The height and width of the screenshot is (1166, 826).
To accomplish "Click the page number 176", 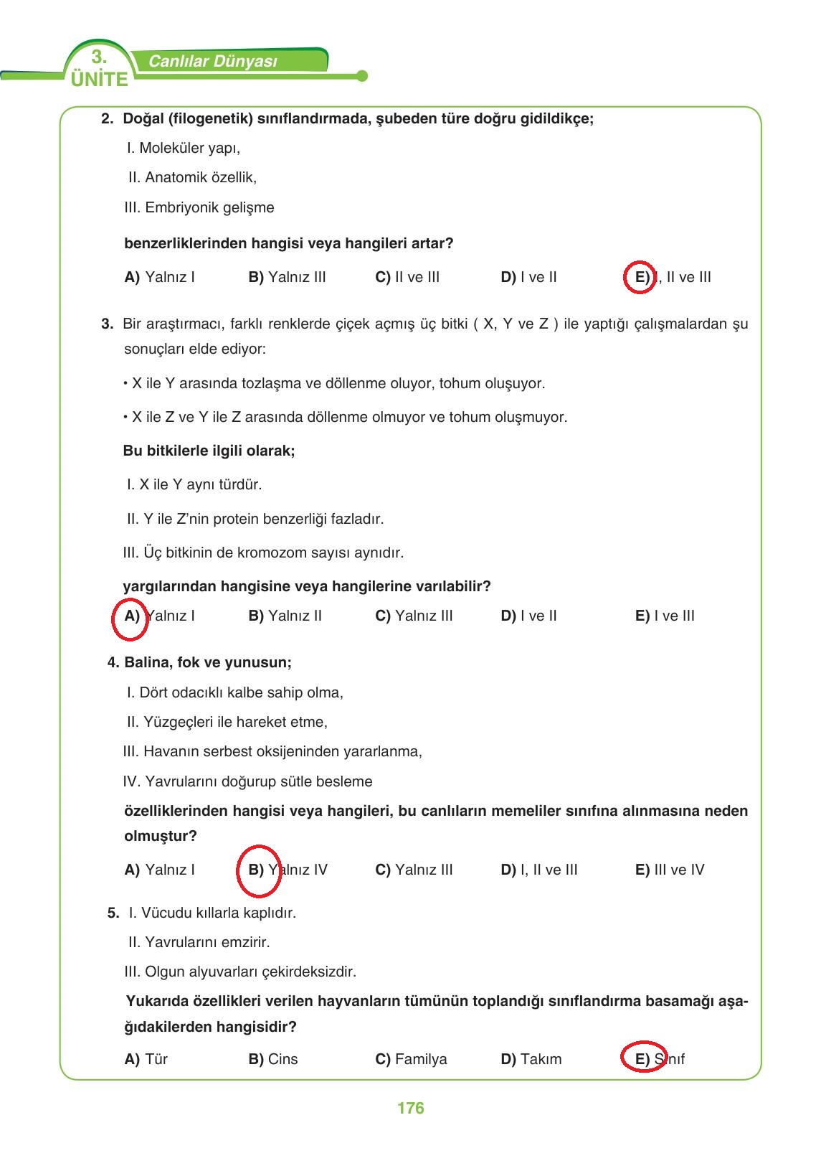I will (410, 1108).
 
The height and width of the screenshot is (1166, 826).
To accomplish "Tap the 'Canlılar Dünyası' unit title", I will (212, 62).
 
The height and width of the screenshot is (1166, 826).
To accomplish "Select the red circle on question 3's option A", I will (130, 619).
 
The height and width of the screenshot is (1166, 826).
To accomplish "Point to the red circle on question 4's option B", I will (258, 870).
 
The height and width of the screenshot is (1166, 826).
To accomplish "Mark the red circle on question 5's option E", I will (643, 1056).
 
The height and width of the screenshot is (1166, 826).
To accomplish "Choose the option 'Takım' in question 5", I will (541, 1059).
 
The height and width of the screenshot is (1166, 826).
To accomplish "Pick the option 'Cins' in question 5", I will (283, 1059).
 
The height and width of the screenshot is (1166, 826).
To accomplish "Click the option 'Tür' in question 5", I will (156, 1059).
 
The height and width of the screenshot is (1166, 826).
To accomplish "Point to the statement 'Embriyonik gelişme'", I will (209, 207).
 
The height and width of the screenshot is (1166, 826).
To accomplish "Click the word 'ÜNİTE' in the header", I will (100, 80).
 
